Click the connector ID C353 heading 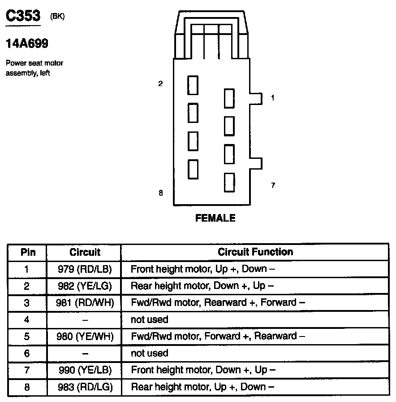click(x=22, y=16)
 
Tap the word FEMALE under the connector click(x=215, y=218)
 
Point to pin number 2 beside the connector click(x=160, y=83)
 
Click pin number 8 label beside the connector click(x=160, y=193)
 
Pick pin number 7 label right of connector click(x=273, y=185)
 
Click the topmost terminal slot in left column click(x=193, y=85)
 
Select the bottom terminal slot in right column click(x=229, y=182)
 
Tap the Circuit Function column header click(x=255, y=252)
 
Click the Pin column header click(x=28, y=252)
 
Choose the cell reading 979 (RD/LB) click(x=85, y=269)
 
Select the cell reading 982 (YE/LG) click(x=85, y=286)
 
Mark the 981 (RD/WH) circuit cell click(x=85, y=303)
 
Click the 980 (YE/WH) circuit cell click(x=85, y=336)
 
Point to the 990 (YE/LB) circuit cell click(x=85, y=370)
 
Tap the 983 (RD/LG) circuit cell click(x=85, y=387)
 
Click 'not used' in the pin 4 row click(x=149, y=319)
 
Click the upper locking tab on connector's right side click(x=256, y=98)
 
